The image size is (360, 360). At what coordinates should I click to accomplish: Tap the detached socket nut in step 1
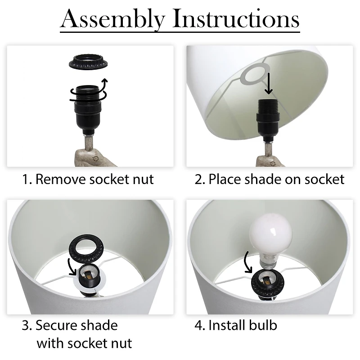(88, 62)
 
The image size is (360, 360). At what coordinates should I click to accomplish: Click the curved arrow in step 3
(72, 267)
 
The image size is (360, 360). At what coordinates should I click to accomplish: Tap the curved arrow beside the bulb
(247, 262)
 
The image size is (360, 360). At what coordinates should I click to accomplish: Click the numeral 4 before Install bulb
(198, 325)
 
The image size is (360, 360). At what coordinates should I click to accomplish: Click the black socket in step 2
(268, 120)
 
